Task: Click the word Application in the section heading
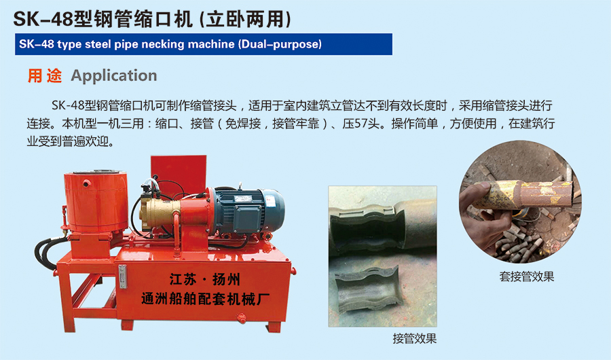(x=114, y=75)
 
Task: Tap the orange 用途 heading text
(x=44, y=75)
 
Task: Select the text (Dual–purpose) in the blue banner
(x=280, y=43)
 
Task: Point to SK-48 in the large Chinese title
(x=43, y=20)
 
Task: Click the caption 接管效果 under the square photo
(x=415, y=338)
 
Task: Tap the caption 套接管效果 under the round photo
(x=526, y=276)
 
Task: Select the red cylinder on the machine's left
(x=96, y=201)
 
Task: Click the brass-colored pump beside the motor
(x=160, y=213)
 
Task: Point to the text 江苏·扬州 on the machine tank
(x=204, y=279)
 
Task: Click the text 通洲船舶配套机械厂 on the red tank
(x=204, y=299)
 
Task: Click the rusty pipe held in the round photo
(x=527, y=194)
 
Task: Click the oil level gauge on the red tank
(x=123, y=276)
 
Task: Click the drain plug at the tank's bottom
(x=242, y=319)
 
